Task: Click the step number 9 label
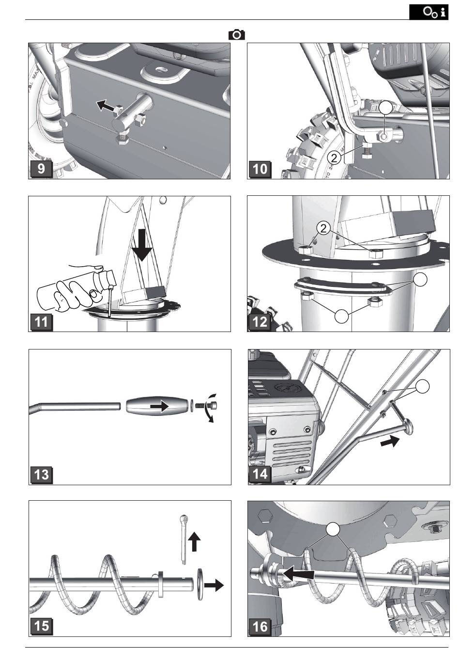point(42,169)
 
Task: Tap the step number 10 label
point(261,169)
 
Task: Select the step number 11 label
point(42,321)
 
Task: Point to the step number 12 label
point(261,321)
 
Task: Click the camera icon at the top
point(237,34)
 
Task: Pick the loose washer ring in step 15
point(199,585)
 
